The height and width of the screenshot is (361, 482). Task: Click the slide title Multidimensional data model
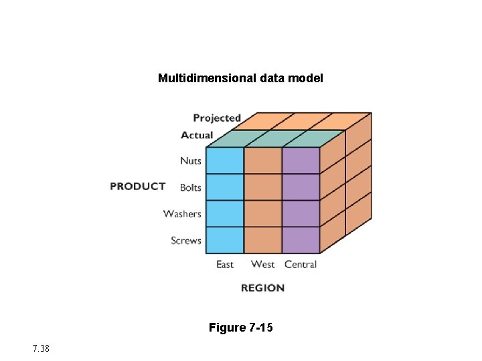tap(240, 78)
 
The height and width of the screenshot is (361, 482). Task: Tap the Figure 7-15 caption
tap(240, 328)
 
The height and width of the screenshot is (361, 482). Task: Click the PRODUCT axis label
tap(137, 186)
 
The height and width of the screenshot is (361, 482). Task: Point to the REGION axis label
tap(262, 287)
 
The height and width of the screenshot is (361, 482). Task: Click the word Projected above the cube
tap(216, 118)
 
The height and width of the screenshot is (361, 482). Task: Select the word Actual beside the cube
tap(197, 135)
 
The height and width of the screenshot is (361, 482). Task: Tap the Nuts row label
tap(191, 160)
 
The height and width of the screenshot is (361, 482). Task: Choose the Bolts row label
tap(191, 187)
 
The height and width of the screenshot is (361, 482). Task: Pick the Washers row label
tap(182, 214)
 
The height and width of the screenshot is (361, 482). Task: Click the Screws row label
tap(186, 240)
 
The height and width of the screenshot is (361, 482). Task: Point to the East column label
tap(225, 264)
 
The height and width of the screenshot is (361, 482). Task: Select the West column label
tap(262, 264)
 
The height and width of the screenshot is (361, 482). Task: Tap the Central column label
tap(301, 264)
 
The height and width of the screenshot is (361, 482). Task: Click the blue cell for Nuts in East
tap(224, 161)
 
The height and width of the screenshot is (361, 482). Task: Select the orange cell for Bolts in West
tap(262, 187)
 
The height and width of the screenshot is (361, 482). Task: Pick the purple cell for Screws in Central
tap(301, 240)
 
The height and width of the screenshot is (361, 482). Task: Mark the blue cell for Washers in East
tap(224, 214)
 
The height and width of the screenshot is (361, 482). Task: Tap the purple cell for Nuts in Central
tap(301, 161)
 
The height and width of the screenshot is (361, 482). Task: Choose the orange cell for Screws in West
tap(262, 240)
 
